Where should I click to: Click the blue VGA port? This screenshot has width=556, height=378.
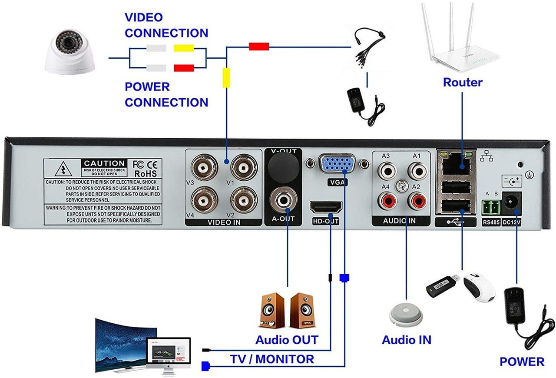(337, 166)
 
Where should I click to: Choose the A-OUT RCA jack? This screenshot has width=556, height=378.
(283, 200)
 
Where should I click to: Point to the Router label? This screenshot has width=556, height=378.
(462, 82)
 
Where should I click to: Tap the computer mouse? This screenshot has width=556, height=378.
(479, 287)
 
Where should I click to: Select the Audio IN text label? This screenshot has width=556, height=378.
(406, 340)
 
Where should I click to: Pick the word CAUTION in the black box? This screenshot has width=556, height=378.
(105, 163)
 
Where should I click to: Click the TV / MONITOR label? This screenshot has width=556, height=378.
(272, 359)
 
